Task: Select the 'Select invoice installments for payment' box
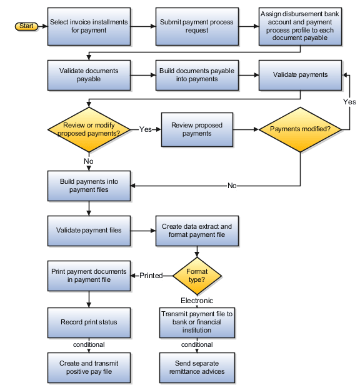(89, 26)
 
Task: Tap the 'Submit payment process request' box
(197, 26)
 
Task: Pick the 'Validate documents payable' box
(89, 75)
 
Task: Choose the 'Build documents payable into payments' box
(197, 75)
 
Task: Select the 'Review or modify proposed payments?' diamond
(89, 129)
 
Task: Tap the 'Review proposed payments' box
(197, 129)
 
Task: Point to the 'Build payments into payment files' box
(89, 186)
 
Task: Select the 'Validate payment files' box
(89, 231)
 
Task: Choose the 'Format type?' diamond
(197, 276)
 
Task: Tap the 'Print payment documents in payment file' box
(89, 276)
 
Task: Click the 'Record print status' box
(89, 322)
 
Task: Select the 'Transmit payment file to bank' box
(197, 322)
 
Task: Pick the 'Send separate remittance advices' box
(197, 367)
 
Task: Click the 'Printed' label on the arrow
(151, 276)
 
